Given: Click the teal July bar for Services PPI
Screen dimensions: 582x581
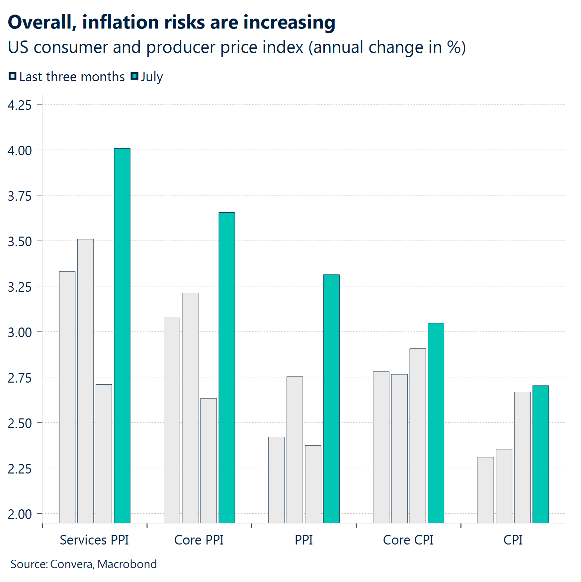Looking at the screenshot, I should pos(122,335).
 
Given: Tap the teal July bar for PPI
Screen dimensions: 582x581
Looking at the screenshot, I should pos(331,398).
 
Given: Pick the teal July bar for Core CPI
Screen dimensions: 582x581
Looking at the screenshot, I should pos(436,423).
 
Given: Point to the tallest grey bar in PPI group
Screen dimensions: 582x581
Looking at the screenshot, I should pos(295,450).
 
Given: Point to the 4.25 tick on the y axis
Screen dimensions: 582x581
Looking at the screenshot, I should pos(20,105).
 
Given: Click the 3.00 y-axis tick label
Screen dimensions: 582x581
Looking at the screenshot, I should pos(20,332).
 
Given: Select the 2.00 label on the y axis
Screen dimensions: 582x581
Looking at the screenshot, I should pos(20,514).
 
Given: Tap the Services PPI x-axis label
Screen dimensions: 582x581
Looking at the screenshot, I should pos(94,540).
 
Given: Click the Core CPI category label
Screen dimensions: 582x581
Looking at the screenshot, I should pos(408,540).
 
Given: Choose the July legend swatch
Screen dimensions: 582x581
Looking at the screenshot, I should pos(134,76).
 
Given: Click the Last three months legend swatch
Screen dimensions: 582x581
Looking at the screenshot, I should pos(12,76).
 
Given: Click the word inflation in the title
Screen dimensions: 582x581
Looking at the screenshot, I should pos(121,22).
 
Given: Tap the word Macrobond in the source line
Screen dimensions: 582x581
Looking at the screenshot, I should pos(127,564).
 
